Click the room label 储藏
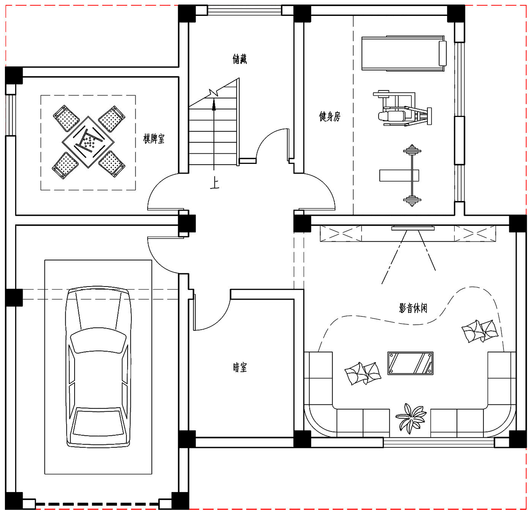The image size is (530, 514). point(240,59)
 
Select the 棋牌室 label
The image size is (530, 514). point(154,139)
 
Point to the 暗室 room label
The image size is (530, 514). point(240,368)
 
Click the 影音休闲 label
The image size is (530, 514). point(413,308)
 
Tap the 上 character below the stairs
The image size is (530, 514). point(214,183)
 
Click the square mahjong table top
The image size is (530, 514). point(88,142)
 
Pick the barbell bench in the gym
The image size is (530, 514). point(412,175)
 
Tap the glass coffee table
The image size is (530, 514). point(410,363)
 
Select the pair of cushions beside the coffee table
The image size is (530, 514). point(363,373)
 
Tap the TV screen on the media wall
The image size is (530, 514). point(413,229)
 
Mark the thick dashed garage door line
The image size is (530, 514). point(97,504)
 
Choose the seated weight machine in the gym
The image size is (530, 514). point(402,109)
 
